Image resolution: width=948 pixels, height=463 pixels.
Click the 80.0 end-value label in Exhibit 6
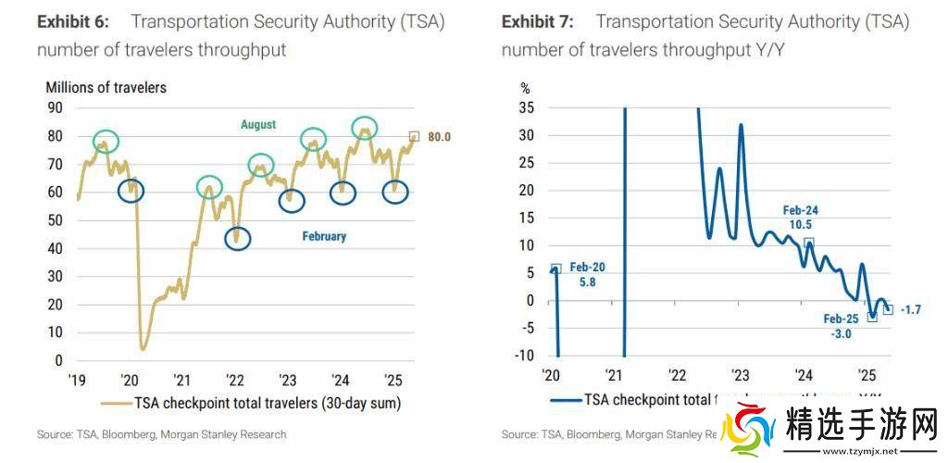pyautogui.click(x=438, y=137)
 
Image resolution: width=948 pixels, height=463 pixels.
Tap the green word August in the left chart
pyautogui.click(x=258, y=124)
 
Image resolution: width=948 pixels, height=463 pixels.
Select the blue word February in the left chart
pyautogui.click(x=324, y=236)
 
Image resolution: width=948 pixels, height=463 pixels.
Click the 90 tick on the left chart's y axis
pyautogui.click(x=55, y=107)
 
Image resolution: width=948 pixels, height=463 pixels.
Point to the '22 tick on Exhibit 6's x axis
pyautogui.click(x=235, y=380)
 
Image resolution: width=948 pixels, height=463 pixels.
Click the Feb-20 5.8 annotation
pyautogui.click(x=587, y=275)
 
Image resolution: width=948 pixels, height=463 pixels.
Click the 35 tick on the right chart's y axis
pyautogui.click(x=527, y=107)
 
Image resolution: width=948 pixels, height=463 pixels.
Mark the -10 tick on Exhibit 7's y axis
pyautogui.click(x=524, y=356)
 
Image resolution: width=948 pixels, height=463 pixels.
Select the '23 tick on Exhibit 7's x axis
pyautogui.click(x=740, y=376)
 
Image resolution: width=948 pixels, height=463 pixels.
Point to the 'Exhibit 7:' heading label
pyautogui.click(x=538, y=21)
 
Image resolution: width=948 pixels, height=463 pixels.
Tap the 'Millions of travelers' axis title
pyautogui.click(x=106, y=87)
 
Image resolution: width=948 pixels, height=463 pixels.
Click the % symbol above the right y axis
pyautogui.click(x=526, y=89)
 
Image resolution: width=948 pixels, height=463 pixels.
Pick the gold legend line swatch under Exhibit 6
pyautogui.click(x=116, y=403)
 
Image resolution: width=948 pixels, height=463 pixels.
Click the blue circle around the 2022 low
pyautogui.click(x=238, y=238)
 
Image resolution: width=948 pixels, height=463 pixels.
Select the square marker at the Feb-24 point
pyautogui.click(x=808, y=244)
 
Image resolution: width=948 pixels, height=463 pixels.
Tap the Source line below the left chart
pyautogui.click(x=162, y=434)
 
